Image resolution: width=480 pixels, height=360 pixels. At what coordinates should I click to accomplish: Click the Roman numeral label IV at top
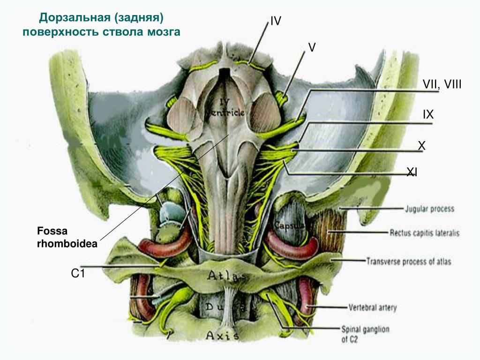pos(276,21)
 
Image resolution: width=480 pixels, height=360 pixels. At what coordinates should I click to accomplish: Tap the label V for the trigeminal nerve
pos(312,47)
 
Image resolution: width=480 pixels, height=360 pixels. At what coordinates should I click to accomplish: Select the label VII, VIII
pos(442,84)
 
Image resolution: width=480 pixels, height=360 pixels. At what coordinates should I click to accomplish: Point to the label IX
pos(428,114)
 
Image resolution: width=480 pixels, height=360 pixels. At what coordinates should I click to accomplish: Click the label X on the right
pos(421,146)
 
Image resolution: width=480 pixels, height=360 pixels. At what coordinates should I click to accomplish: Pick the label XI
pos(412,173)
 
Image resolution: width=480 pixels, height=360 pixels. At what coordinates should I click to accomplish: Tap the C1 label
pos(78,273)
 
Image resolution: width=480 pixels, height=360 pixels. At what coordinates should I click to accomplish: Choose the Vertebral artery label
pos(372,308)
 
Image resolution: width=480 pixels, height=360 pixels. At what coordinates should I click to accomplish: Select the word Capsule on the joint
pos(290,226)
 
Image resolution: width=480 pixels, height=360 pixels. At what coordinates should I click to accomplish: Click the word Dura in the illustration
pos(225,307)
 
